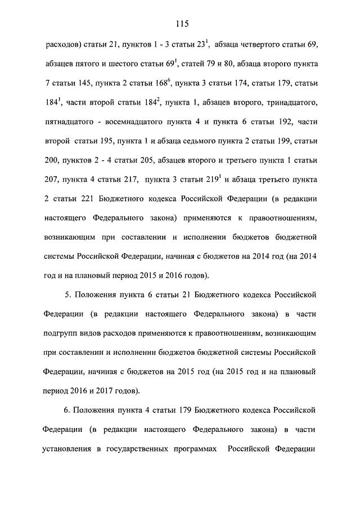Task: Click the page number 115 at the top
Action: pos(181,24)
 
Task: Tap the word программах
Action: pos(193,451)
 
